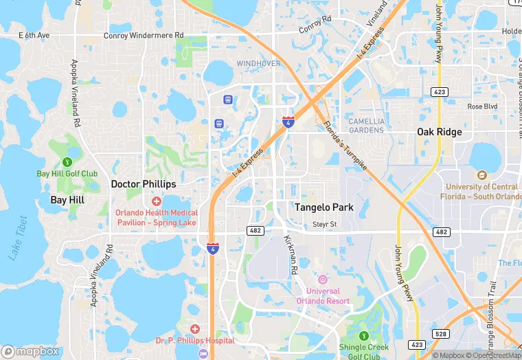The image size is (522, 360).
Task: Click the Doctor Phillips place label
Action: click(144, 184)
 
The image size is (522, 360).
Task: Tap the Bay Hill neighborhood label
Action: click(68, 201)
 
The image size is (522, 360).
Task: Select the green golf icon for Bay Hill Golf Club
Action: click(67, 162)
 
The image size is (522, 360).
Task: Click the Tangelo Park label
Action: click(324, 207)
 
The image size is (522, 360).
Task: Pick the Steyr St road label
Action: click(324, 224)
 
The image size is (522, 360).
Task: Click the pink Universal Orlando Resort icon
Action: click(322, 279)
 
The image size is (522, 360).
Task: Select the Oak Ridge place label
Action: click(440, 132)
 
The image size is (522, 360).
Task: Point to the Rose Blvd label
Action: click(481, 106)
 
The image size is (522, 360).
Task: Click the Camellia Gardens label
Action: click(366, 126)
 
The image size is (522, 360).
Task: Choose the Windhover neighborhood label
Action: click(259, 63)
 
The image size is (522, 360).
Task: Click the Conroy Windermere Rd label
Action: click(144, 35)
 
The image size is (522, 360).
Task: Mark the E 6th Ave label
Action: click(34, 35)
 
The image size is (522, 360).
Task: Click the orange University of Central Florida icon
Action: click(481, 175)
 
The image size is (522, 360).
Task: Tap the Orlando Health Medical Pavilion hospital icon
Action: click(157, 201)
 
